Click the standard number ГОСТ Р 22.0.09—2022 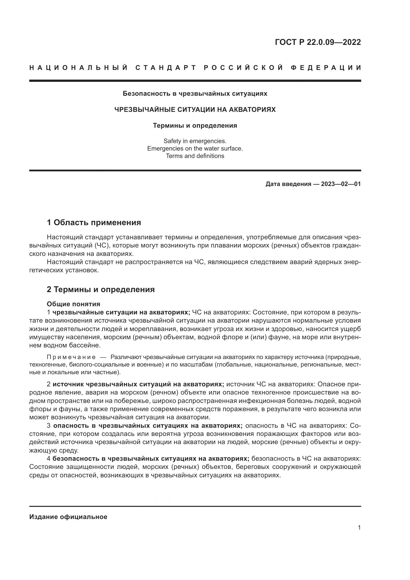[318, 42]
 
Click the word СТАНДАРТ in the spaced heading [166, 68]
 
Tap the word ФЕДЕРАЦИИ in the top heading [326, 68]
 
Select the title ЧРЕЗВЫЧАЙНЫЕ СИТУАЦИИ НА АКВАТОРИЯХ [195, 110]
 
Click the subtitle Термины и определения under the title [195, 125]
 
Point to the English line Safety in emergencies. [195, 141]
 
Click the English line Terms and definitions [195, 156]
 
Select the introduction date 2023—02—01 [341, 184]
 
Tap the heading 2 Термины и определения [100, 289]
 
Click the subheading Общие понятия [73, 304]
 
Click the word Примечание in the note [71, 357]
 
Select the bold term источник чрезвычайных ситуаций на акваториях [138, 384]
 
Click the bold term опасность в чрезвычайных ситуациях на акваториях [148, 426]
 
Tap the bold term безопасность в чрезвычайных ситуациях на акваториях [151, 458]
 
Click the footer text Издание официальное [68, 517]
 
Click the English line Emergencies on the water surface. [195, 149]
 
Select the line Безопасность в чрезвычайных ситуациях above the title [195, 94]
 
